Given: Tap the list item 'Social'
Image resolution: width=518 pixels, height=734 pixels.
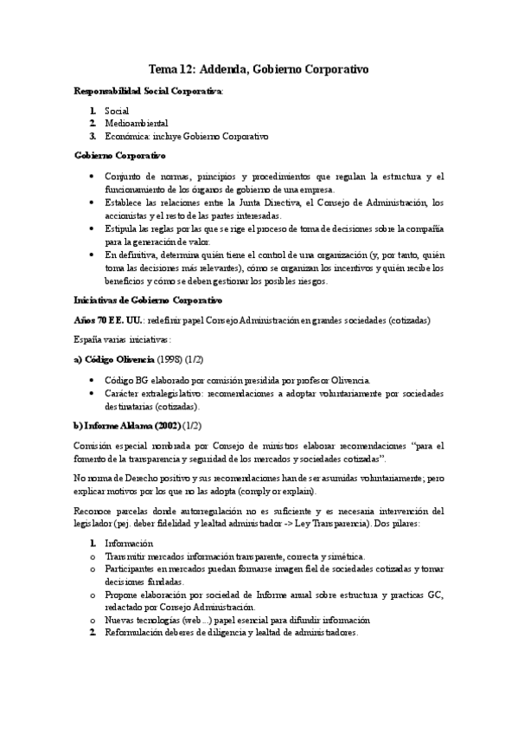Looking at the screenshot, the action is pyautogui.click(x=117, y=111).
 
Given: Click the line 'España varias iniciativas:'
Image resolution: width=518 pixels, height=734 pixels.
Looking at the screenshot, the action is pyautogui.click(x=122, y=339).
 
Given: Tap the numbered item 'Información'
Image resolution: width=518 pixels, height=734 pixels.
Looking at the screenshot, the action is pyautogui.click(x=131, y=544).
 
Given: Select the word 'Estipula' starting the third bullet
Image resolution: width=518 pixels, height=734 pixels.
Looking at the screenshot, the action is pyautogui.click(x=123, y=228).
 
